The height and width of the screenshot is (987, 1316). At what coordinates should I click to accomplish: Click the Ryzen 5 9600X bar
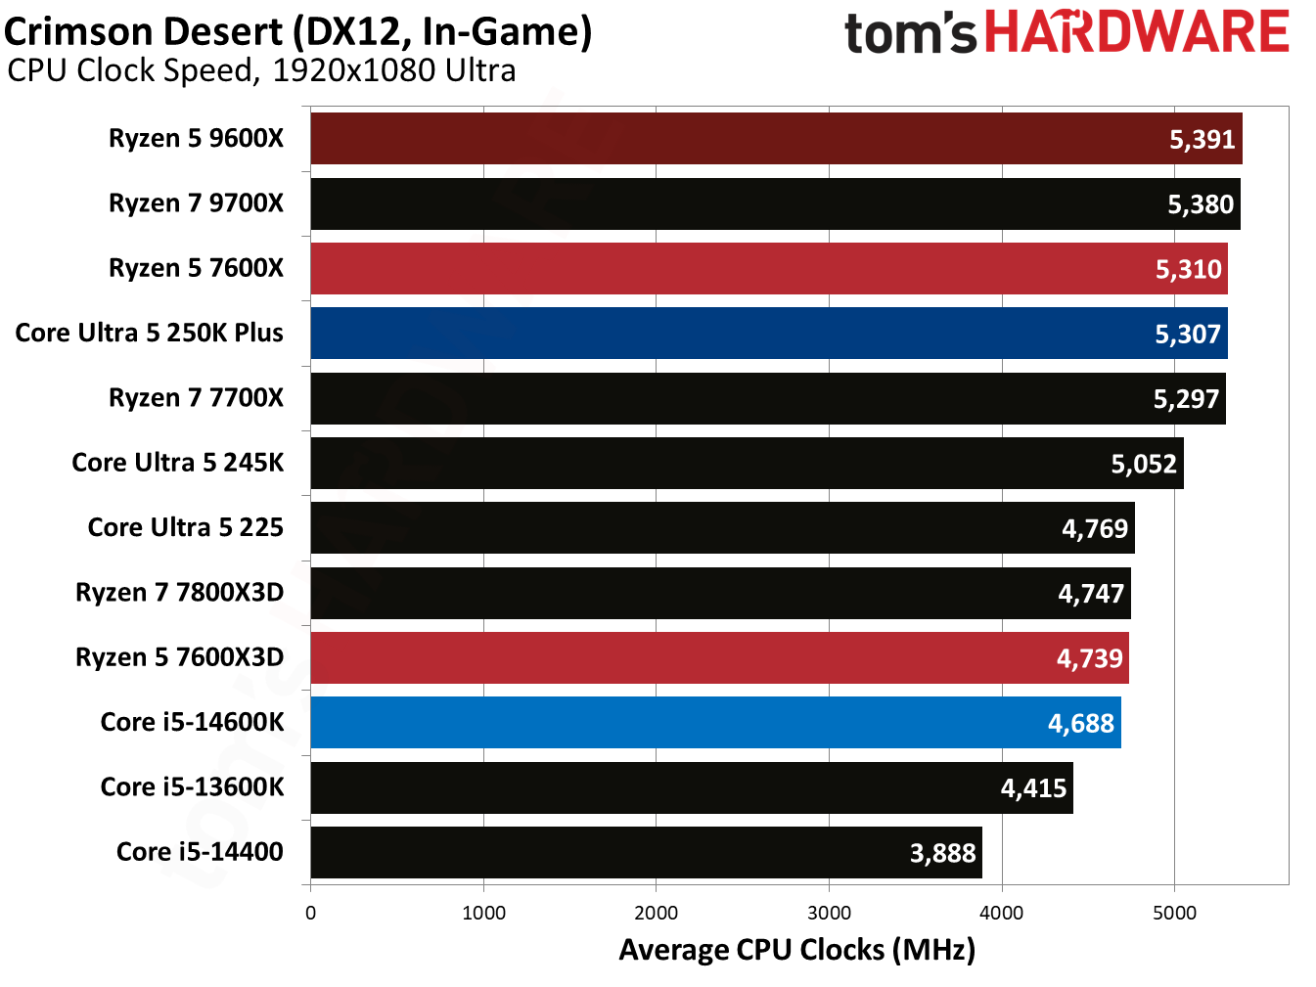coord(734,139)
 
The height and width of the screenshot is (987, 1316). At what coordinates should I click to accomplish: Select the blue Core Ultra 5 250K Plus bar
coord(734,334)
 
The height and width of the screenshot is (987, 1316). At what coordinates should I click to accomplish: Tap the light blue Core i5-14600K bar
coord(685,723)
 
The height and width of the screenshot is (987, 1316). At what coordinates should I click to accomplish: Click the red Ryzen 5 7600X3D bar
coord(685,658)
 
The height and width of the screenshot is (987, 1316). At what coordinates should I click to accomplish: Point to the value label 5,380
coord(1201,204)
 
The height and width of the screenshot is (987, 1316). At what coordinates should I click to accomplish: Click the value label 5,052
coord(1143,464)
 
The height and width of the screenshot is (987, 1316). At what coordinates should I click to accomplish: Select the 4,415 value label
coord(1033,788)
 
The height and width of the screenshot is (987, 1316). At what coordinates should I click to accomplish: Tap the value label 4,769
coord(1095,529)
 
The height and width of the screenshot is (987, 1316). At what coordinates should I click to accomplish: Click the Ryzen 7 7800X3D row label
coord(179,593)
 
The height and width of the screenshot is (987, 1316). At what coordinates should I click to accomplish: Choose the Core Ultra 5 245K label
coord(177,463)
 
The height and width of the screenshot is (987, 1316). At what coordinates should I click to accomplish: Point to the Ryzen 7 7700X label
coord(196,398)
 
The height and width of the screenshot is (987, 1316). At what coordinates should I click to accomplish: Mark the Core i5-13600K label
coord(192,787)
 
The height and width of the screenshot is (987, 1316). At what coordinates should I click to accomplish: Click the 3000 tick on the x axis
coord(829,914)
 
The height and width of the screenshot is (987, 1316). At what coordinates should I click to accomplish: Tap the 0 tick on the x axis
coord(311,914)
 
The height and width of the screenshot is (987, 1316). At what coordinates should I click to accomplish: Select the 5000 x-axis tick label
coord(1174,914)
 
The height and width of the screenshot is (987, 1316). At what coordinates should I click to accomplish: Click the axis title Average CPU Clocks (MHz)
coord(796,950)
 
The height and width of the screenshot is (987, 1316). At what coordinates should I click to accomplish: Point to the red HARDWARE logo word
coord(1136,32)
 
